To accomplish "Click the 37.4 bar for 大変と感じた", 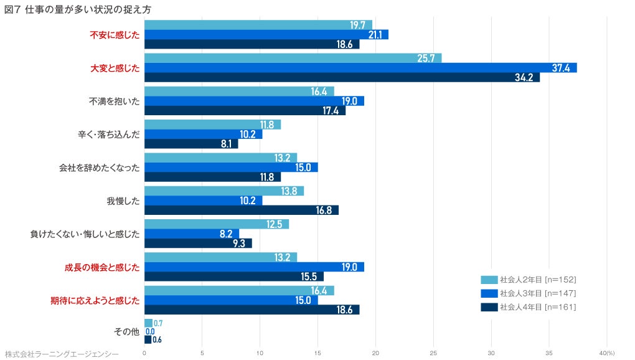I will click(x=360, y=68).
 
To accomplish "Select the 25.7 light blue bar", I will click(x=293, y=58).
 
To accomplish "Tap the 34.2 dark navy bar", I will click(x=342, y=78).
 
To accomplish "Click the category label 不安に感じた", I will click(x=115, y=34).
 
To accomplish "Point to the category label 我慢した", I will click(x=123, y=201).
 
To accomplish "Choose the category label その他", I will click(x=126, y=332).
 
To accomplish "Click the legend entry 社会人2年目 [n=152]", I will click(x=529, y=279).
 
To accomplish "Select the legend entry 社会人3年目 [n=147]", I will click(x=529, y=293).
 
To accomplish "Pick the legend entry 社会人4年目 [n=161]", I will click(x=529, y=307).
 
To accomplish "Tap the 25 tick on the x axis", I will click(x=434, y=353).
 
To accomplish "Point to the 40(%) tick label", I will click(x=606, y=353).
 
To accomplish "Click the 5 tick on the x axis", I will click(x=202, y=353).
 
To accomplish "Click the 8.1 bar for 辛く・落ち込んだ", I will click(x=191, y=144).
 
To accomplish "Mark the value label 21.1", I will click(x=375, y=35).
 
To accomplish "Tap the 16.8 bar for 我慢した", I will click(x=242, y=211).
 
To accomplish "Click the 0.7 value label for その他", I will click(x=158, y=323).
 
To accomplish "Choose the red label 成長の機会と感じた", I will click(x=101, y=267).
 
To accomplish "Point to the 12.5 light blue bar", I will click(x=217, y=224).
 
